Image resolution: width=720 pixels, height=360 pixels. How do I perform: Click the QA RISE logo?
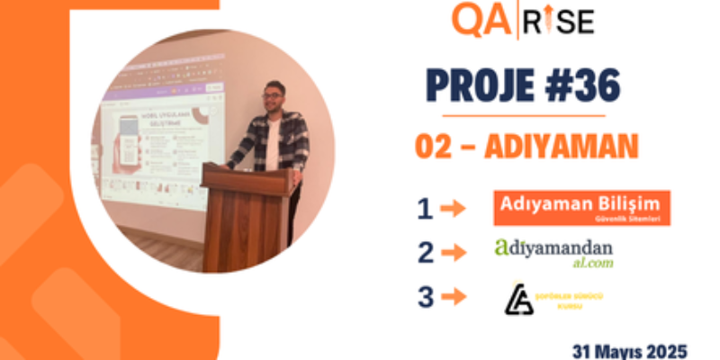click(x=523, y=20)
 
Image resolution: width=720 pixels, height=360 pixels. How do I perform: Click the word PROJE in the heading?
click(x=476, y=87)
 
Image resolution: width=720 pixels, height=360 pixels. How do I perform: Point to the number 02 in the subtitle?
click(x=434, y=146)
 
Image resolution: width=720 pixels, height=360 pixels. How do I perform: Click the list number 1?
click(x=425, y=209)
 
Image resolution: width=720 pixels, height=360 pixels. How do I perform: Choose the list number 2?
click(x=425, y=253)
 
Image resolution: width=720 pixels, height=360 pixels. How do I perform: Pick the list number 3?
click(x=425, y=296)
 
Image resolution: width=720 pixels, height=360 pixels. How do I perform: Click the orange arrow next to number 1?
click(x=454, y=209)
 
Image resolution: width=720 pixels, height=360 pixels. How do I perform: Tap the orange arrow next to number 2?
click(x=454, y=253)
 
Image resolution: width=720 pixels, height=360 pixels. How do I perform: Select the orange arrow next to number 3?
click(x=454, y=296)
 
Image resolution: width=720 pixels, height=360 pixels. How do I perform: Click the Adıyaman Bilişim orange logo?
click(x=581, y=207)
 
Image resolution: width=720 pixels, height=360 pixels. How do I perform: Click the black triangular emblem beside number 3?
click(x=518, y=298)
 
